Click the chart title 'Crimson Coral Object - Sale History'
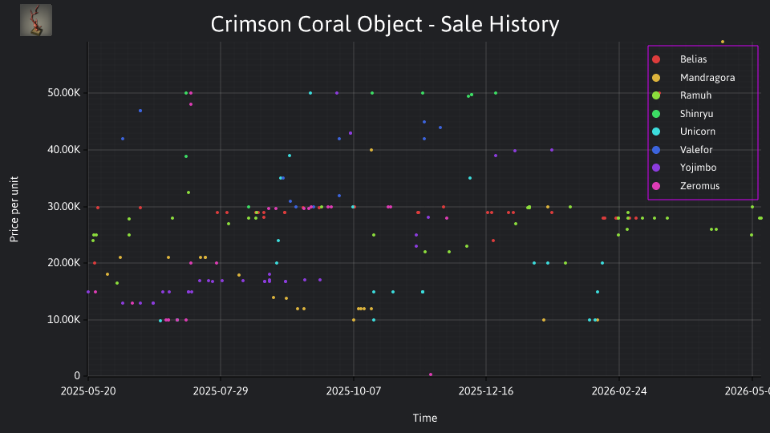pos(384,24)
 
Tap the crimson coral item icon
pos(36,20)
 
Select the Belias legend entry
pos(679,59)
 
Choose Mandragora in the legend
pos(693,78)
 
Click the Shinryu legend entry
pos(682,114)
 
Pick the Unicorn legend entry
pos(683,132)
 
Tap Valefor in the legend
pos(682,150)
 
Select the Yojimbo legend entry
pos(683,168)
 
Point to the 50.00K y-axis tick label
pos(64,93)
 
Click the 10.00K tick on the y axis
pos(64,320)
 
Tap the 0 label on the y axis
pos(77,376)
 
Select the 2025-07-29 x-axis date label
pos(221,391)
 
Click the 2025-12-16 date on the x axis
pos(486,391)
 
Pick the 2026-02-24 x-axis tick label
pos(619,391)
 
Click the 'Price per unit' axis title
pos(14,209)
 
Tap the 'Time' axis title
pos(425,418)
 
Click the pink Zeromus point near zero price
pos(431,374)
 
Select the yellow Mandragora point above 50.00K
pos(723,42)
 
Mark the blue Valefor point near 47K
pos(140,111)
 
